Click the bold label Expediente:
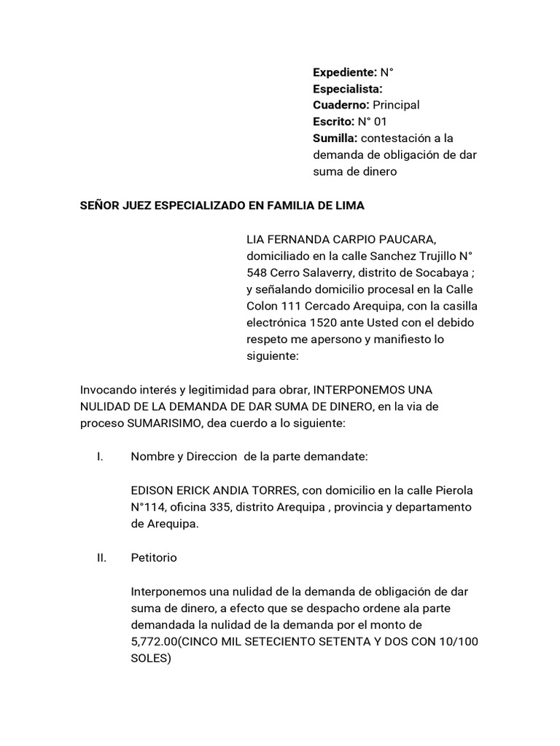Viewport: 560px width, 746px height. pyautogui.click(x=345, y=72)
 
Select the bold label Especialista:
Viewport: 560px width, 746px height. pyautogui.click(x=348, y=88)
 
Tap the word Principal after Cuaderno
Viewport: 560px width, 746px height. pyautogui.click(x=396, y=105)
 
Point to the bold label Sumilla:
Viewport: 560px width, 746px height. pyautogui.click(x=335, y=138)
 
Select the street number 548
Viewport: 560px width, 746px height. pyautogui.click(x=257, y=272)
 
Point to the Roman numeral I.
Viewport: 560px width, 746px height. pyautogui.click(x=98, y=457)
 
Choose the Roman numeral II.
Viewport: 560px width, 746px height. pyautogui.click(x=100, y=557)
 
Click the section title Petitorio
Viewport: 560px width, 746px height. pyautogui.click(x=153, y=557)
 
